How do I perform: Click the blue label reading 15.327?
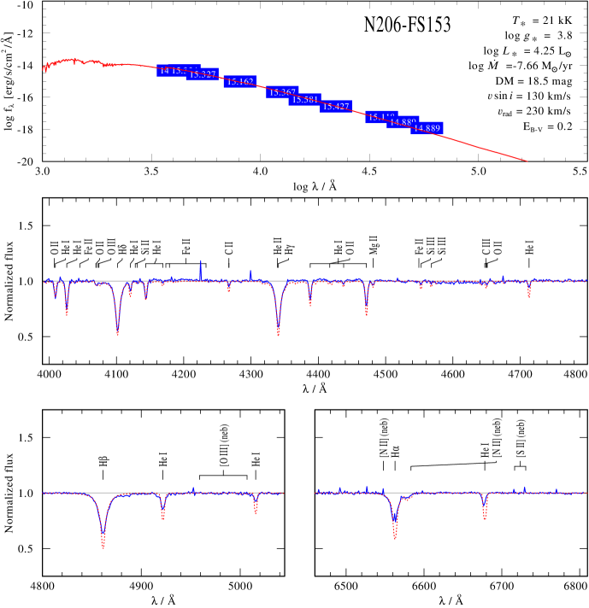click(x=203, y=75)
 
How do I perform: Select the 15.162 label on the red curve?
click(x=240, y=82)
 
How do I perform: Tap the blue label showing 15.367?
click(x=282, y=92)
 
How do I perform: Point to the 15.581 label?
click(x=305, y=100)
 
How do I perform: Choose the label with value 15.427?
click(x=336, y=107)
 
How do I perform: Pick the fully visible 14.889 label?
click(x=427, y=128)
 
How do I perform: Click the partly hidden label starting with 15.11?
click(x=380, y=117)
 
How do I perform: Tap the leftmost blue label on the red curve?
click(x=171, y=71)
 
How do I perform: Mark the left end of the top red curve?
click(x=44, y=70)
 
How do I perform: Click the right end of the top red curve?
click(x=527, y=161)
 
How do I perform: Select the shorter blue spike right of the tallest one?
click(x=250, y=272)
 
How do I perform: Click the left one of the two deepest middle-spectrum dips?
click(x=117, y=331)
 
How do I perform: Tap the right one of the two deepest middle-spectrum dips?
click(x=278, y=332)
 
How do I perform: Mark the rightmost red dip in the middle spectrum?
click(x=529, y=295)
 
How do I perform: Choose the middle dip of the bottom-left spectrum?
click(x=162, y=517)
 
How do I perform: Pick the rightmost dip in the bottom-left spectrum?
click(x=256, y=513)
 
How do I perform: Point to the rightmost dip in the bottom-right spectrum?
click(x=485, y=517)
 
